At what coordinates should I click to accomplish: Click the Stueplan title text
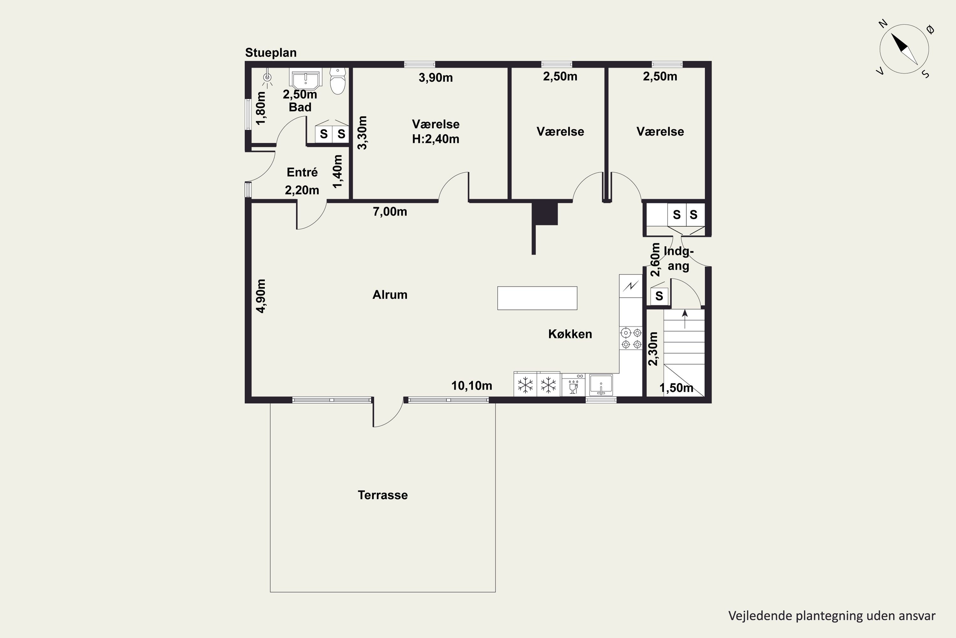pyautogui.click(x=271, y=53)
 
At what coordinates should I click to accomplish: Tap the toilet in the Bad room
pyautogui.click(x=337, y=81)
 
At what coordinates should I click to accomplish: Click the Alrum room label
pyautogui.click(x=390, y=294)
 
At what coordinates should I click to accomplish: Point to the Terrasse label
pyautogui.click(x=382, y=495)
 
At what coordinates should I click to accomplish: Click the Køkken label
pyautogui.click(x=570, y=334)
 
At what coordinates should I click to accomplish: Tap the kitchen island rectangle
pyautogui.click(x=537, y=298)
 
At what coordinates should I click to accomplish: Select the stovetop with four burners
pyautogui.click(x=631, y=338)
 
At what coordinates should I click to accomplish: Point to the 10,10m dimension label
pyautogui.click(x=472, y=386)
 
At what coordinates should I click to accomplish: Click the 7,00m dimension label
pyautogui.click(x=390, y=211)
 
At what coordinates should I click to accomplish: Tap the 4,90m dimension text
pyautogui.click(x=261, y=296)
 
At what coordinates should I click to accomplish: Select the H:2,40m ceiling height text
pyautogui.click(x=435, y=139)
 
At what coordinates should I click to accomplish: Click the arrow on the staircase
pyautogui.click(x=685, y=319)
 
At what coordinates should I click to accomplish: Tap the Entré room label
pyautogui.click(x=302, y=172)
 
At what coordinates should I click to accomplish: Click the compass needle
pyautogui.click(x=904, y=49)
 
